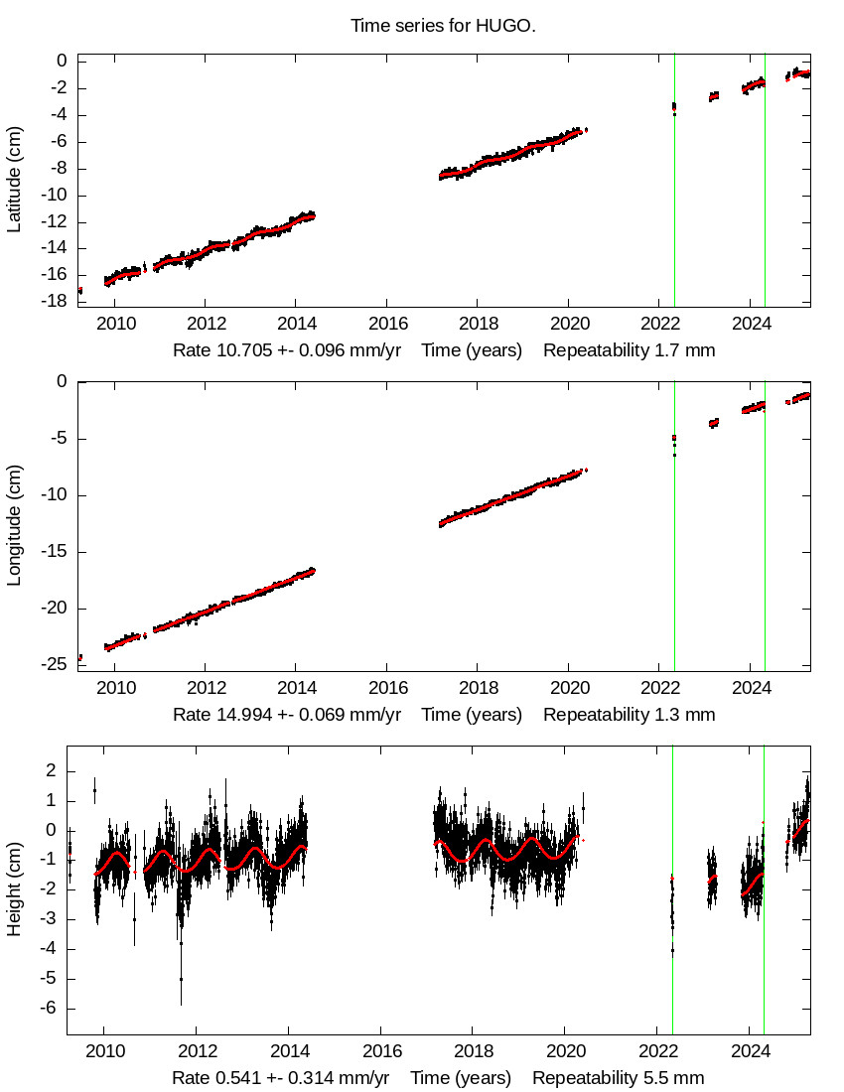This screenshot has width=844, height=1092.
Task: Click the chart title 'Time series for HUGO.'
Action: pyautogui.click(x=443, y=26)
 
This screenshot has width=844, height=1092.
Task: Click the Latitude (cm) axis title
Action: pyautogui.click(x=15, y=180)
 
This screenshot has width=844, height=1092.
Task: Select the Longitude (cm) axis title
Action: pyautogui.click(x=15, y=526)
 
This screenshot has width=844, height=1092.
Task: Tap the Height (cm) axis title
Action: pyautogui.click(x=15, y=887)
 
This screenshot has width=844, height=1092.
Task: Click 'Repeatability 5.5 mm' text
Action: pyautogui.click(x=618, y=1078)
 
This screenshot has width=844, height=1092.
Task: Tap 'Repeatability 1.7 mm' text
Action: pyautogui.click(x=629, y=350)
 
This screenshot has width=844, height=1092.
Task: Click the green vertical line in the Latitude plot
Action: pyautogui.click(x=765, y=199)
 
